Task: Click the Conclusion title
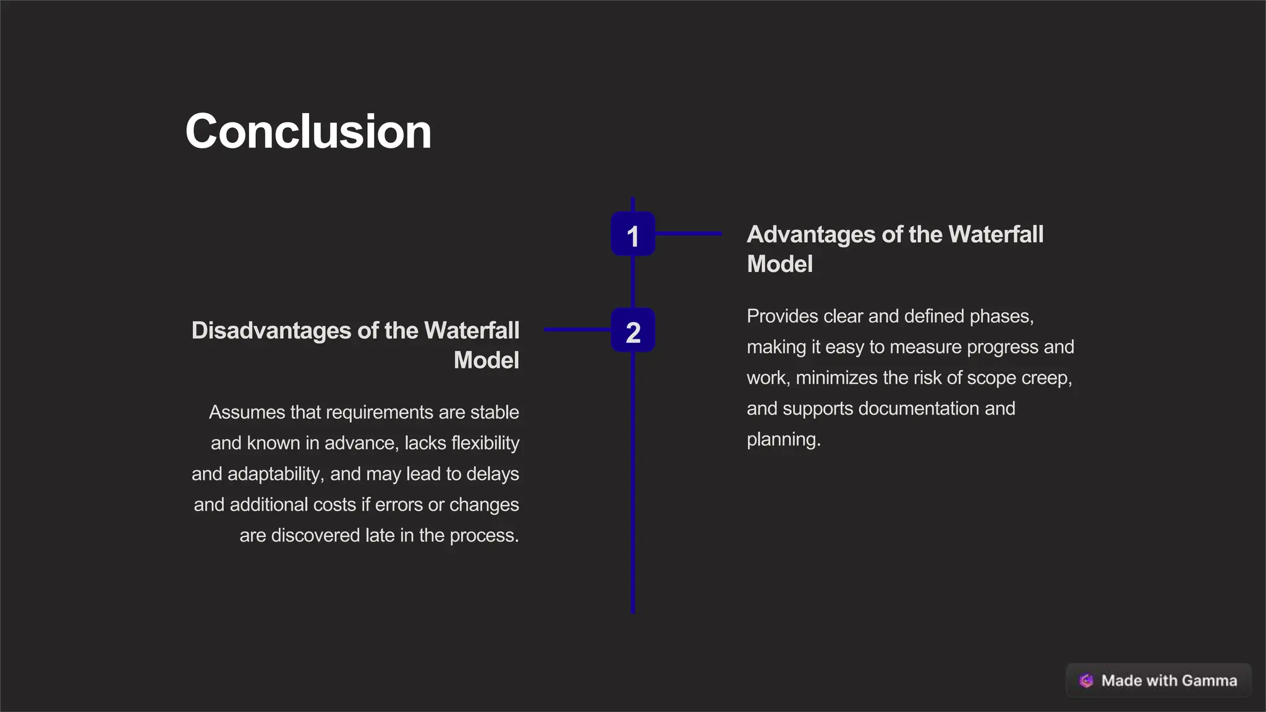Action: point(308,132)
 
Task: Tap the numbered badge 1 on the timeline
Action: point(632,234)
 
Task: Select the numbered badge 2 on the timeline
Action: point(632,331)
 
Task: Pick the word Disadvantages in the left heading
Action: point(271,331)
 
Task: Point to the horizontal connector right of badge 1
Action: point(688,234)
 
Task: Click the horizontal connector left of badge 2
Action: point(577,330)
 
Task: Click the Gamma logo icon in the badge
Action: point(1086,680)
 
